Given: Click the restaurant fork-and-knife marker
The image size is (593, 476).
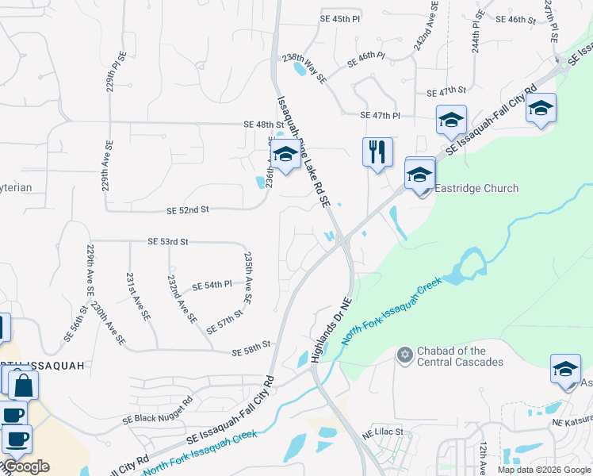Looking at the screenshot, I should click(x=377, y=151).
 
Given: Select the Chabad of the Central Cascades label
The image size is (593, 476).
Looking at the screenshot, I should click(x=461, y=356).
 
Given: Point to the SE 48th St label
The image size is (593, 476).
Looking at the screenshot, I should click(x=263, y=125).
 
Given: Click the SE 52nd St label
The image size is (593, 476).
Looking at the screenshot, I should click(x=188, y=210).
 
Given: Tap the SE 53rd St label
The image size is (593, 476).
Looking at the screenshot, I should click(x=168, y=241).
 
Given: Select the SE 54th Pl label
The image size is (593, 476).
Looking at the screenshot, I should click(x=212, y=285).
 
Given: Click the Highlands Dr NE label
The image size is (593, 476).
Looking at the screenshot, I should click(x=331, y=331).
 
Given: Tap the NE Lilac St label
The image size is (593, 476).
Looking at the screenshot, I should click(x=384, y=433).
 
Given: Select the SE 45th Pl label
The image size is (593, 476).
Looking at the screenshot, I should click(x=339, y=18).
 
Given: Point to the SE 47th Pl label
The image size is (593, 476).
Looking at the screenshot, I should click(x=380, y=116).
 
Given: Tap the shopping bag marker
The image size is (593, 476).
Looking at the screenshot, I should click(x=24, y=386).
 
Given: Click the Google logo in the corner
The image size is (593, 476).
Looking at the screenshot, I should click(x=25, y=466).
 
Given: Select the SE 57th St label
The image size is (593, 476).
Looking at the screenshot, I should click(x=224, y=324).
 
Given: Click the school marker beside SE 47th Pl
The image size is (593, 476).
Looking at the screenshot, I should click(x=451, y=120).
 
